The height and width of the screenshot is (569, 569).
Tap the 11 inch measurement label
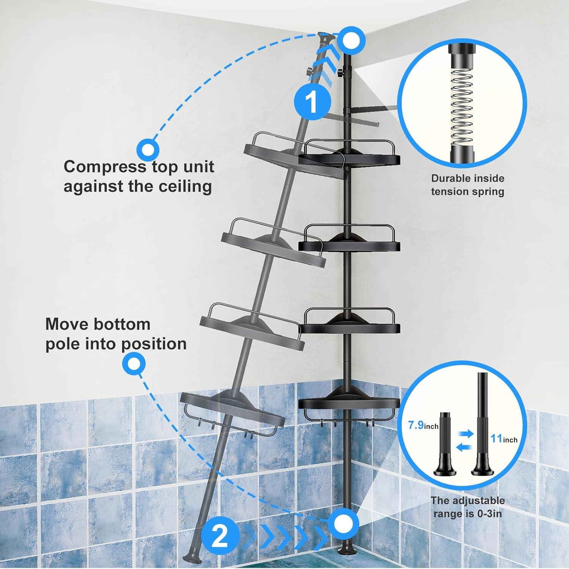[504, 439]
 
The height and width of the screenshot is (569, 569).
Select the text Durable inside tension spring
[467, 185]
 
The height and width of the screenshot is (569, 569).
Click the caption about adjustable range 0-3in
[467, 507]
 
